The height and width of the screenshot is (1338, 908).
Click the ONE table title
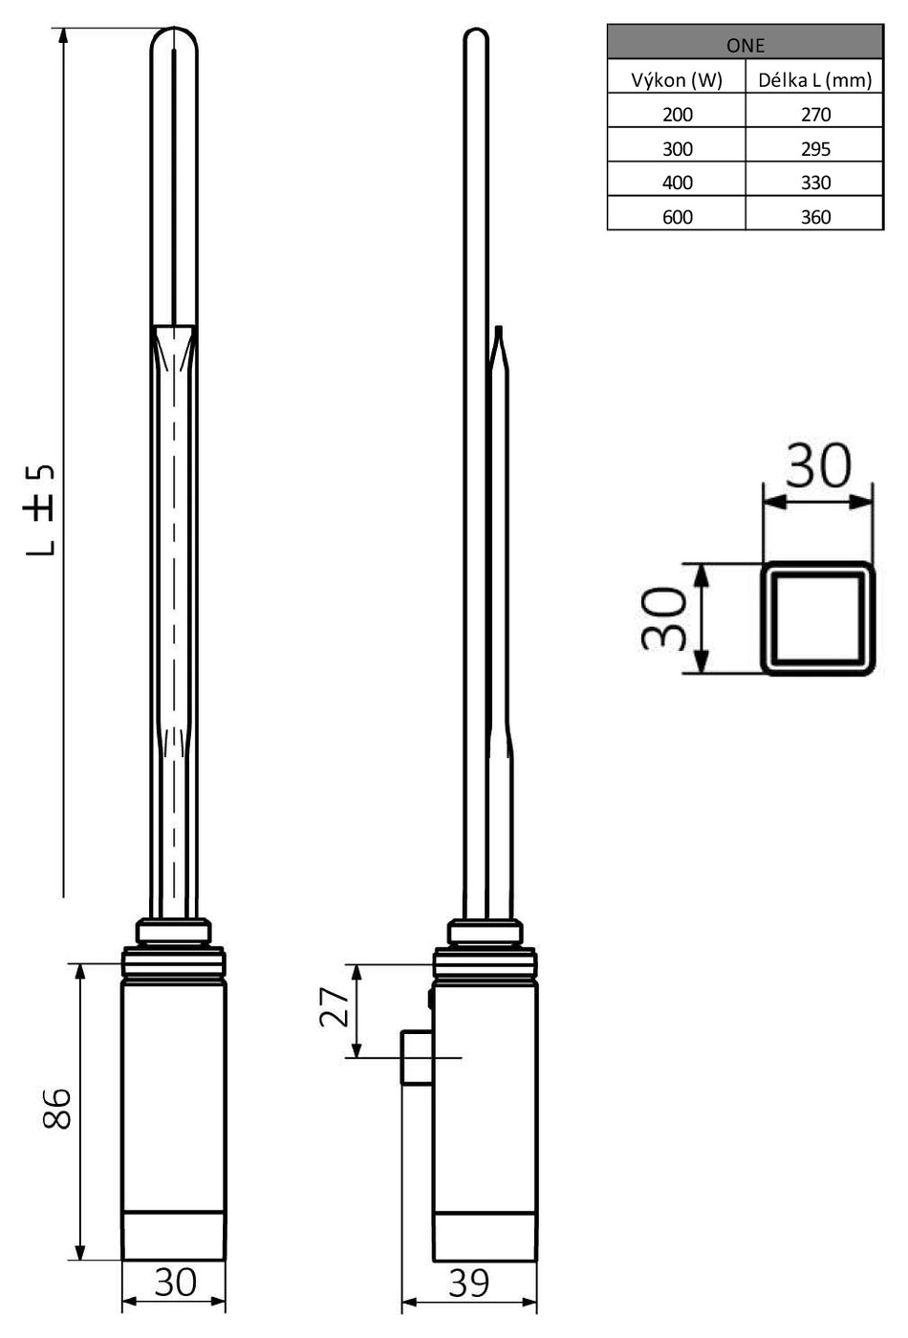coord(745,46)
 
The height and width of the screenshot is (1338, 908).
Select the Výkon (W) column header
coord(677,80)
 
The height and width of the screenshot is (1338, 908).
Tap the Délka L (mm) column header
coord(814,80)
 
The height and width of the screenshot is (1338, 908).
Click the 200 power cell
coord(678,114)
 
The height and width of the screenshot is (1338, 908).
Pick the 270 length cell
coord(815,114)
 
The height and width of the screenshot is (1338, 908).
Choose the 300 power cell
coord(678,149)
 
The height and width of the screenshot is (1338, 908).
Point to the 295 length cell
coord(815,149)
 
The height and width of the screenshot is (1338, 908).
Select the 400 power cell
coord(678,183)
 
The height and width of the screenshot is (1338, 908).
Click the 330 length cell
coord(815,183)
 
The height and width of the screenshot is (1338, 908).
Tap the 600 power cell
coord(678,217)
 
